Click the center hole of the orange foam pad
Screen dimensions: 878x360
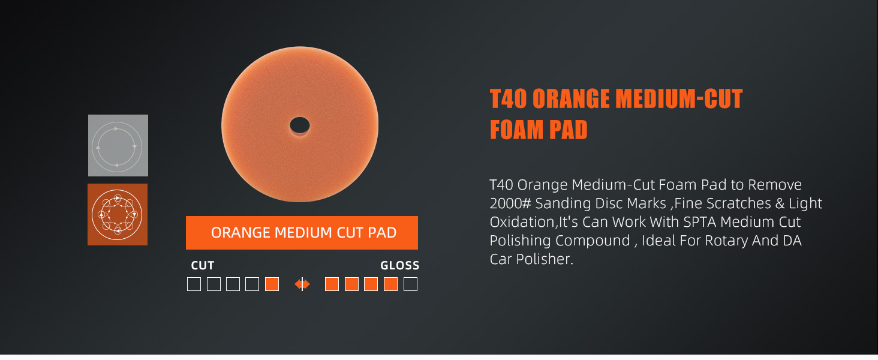click(x=300, y=125)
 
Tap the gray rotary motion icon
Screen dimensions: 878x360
click(x=118, y=145)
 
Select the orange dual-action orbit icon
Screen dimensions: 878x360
click(x=118, y=215)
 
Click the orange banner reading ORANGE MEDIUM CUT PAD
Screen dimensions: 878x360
click(x=302, y=233)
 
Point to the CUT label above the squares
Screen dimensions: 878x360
click(x=202, y=265)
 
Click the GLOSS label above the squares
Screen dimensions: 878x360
click(x=400, y=265)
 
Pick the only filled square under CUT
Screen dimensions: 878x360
click(x=272, y=284)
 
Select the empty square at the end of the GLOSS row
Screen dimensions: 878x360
click(x=410, y=284)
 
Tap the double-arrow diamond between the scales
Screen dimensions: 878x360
click(x=302, y=284)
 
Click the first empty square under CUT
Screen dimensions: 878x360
click(x=194, y=284)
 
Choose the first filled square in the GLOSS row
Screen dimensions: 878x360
click(x=332, y=284)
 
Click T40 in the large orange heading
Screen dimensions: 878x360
click(x=508, y=98)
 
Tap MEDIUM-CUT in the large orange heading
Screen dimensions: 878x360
click(x=679, y=98)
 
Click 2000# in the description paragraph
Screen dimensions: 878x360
click(x=510, y=203)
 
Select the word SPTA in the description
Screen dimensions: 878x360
click(x=700, y=222)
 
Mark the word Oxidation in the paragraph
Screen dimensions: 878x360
click(x=522, y=222)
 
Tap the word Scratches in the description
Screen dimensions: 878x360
click(x=735, y=203)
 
